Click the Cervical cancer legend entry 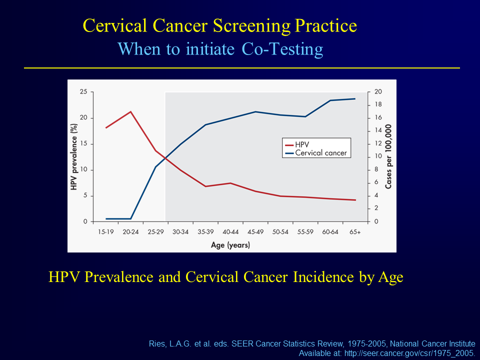click(320, 153)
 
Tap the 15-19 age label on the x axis click(105, 232)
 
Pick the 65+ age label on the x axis click(354, 232)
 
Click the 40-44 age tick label click(230, 232)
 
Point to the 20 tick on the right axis click(378, 92)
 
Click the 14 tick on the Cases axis click(378, 131)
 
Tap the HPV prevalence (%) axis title click(73, 157)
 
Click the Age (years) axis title click(230, 245)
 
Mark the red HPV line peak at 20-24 click(130, 111)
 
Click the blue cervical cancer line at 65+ click(354, 98)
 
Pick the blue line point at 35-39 click(205, 124)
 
